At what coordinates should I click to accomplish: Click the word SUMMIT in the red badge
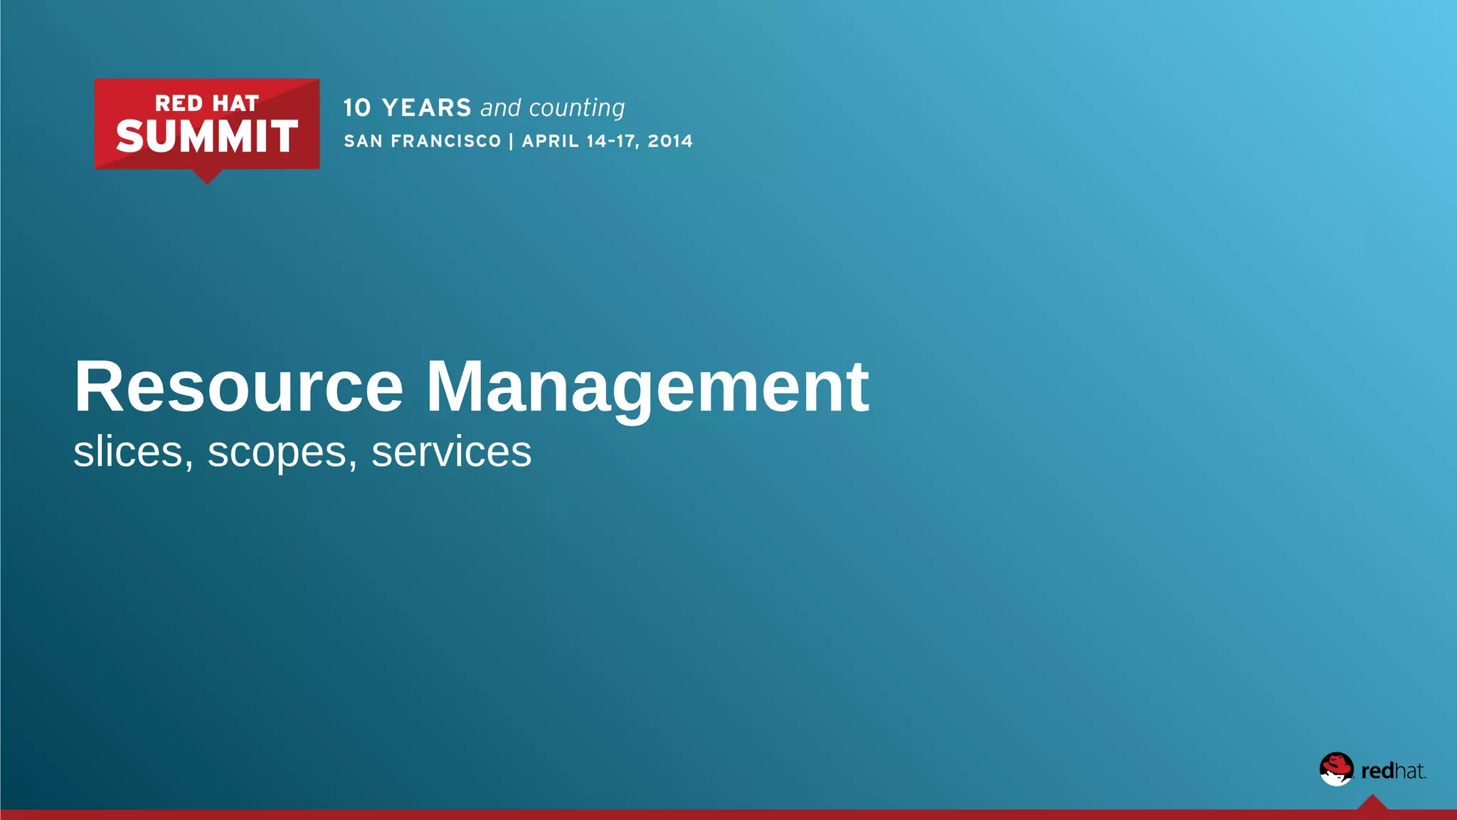pyautogui.click(x=206, y=137)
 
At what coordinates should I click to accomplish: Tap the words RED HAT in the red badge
pyautogui.click(x=206, y=104)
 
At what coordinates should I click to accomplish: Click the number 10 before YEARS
pyautogui.click(x=357, y=108)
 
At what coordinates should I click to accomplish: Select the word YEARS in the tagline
pyautogui.click(x=427, y=108)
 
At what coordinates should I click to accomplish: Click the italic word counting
pyautogui.click(x=577, y=108)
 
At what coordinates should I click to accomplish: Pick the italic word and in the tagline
pyautogui.click(x=501, y=108)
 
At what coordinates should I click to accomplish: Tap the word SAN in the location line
pyautogui.click(x=364, y=141)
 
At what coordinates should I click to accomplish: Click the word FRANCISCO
pyautogui.click(x=446, y=141)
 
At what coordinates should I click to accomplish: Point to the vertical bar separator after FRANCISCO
pyautogui.click(x=512, y=141)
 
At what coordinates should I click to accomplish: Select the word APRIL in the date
pyautogui.click(x=551, y=141)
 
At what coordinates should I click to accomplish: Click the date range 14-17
pyautogui.click(x=611, y=141)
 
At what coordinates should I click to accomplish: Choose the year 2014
pyautogui.click(x=670, y=141)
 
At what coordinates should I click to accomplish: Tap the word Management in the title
pyautogui.click(x=647, y=388)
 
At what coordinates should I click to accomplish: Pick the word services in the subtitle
pyautogui.click(x=451, y=451)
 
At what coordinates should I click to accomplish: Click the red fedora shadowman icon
pyautogui.click(x=1336, y=769)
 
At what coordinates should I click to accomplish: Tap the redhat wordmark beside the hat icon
pyautogui.click(x=1393, y=771)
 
